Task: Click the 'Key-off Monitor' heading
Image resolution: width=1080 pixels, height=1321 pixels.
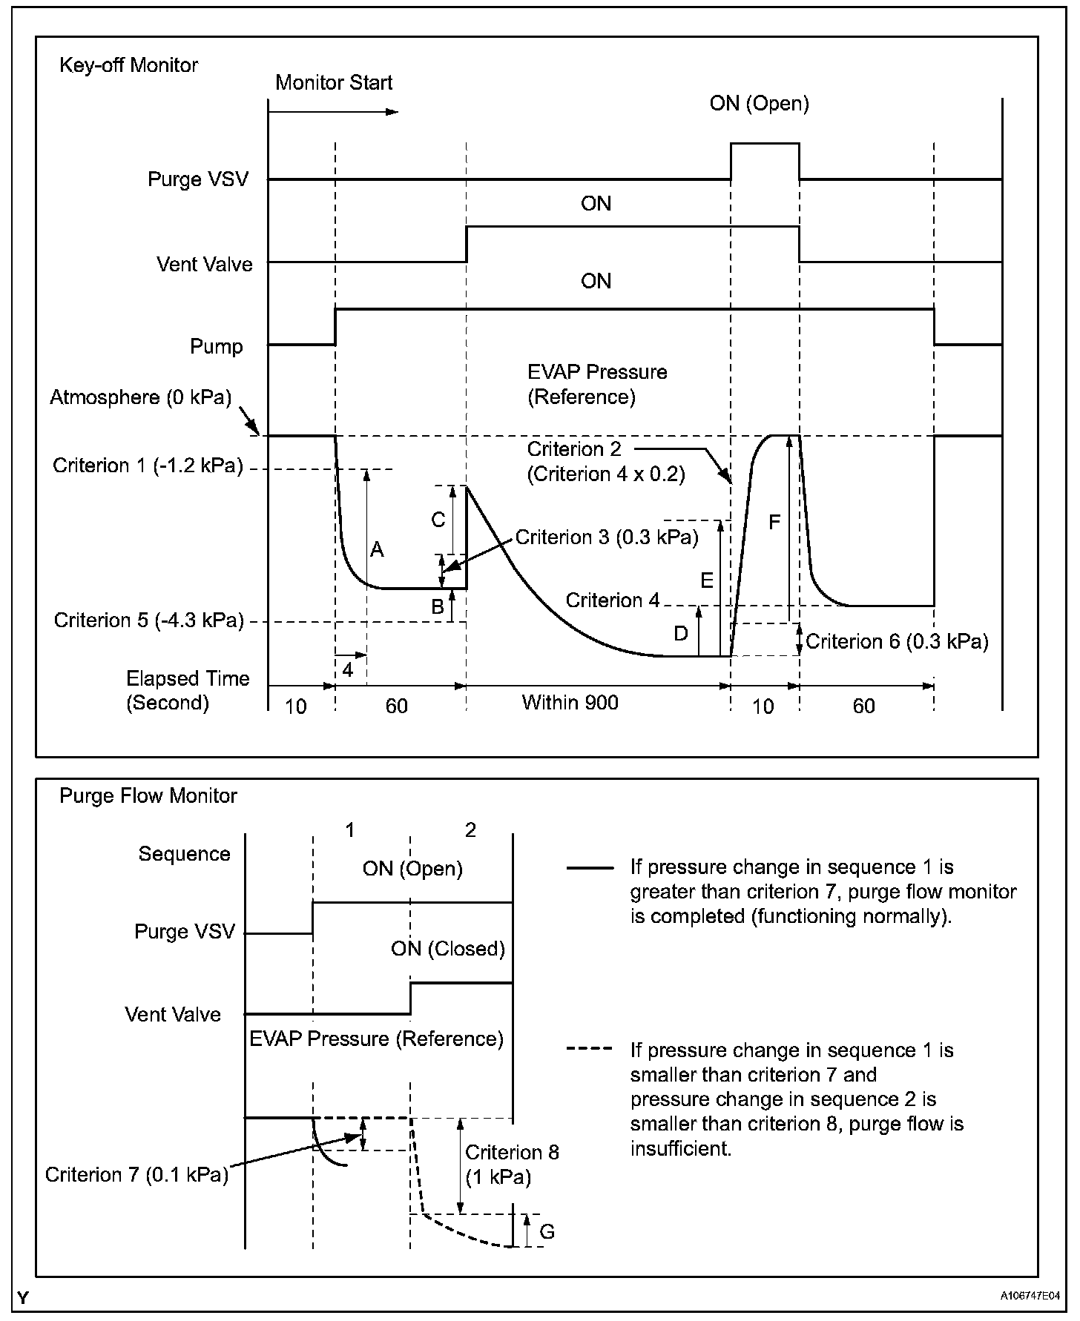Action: point(128,65)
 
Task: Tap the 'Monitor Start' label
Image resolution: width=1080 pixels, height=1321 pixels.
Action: point(333,83)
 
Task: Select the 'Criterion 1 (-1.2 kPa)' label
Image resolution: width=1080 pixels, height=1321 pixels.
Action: point(148,466)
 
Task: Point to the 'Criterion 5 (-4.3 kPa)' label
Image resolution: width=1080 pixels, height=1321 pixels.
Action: point(148,620)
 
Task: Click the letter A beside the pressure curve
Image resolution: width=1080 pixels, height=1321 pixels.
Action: point(377,549)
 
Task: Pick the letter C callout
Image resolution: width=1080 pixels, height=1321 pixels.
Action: point(438,520)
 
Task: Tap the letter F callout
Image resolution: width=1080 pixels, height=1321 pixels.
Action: point(774,523)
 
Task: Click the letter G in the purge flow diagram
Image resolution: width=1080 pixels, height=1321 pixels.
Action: point(547,1231)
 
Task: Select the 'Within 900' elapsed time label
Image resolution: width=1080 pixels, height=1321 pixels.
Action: point(570,702)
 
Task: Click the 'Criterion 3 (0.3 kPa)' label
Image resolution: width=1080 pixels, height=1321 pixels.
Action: point(607,537)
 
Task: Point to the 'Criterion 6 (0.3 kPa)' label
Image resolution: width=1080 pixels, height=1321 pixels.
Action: point(897,641)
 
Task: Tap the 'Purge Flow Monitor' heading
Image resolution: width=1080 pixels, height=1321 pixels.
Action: point(148,796)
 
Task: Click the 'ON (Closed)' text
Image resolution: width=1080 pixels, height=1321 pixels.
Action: point(448,948)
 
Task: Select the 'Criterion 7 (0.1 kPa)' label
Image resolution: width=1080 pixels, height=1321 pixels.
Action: point(136,1175)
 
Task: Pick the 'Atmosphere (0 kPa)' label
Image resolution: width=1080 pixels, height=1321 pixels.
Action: point(140,397)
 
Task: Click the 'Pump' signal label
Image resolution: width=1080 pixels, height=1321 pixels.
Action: point(217,346)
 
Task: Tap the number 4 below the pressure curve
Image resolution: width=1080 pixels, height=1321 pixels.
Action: point(347,670)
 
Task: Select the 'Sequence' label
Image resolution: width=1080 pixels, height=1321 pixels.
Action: point(184,854)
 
